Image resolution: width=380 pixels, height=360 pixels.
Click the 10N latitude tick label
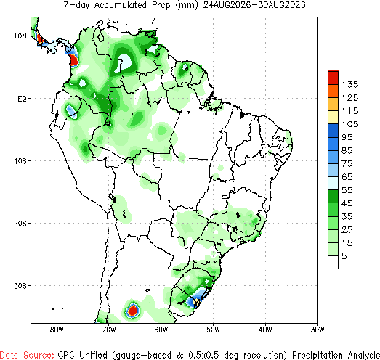tap(20, 36)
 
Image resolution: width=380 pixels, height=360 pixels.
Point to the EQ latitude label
tap(22, 99)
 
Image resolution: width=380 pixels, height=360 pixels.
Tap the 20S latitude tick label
tap(20, 224)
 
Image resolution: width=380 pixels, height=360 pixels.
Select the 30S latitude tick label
tap(20, 286)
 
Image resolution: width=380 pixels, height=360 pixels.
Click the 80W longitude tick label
tap(57, 330)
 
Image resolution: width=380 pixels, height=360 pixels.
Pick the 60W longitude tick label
tap(161, 330)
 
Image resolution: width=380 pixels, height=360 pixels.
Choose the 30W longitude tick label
tap(318, 330)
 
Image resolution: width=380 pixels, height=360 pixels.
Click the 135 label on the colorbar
tap(350, 84)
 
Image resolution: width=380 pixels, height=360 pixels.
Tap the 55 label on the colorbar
tap(347, 190)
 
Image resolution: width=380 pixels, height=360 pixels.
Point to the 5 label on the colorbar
tap(344, 256)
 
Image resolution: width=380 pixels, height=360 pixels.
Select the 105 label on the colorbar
tap(350, 124)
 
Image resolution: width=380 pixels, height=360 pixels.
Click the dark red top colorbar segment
tap(333, 78)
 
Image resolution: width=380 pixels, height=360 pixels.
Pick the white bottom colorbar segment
tap(333, 262)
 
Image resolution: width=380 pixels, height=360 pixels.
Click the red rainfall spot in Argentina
tap(132, 310)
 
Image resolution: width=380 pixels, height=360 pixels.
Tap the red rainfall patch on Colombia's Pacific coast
tap(73, 60)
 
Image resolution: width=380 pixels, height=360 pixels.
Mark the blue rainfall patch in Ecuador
tap(72, 111)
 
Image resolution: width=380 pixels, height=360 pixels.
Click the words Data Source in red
tap(27, 355)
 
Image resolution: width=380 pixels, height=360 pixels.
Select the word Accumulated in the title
tap(120, 5)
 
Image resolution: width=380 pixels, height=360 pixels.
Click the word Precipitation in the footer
tap(318, 355)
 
